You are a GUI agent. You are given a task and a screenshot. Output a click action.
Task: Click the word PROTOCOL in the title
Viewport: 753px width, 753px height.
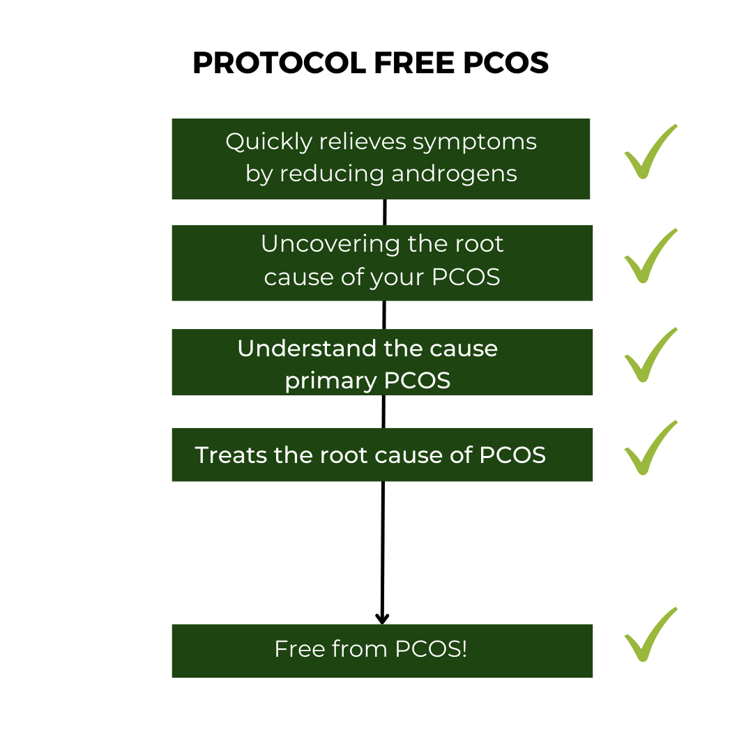coord(280,63)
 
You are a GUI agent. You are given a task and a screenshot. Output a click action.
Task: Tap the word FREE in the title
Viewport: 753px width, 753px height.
coord(414,63)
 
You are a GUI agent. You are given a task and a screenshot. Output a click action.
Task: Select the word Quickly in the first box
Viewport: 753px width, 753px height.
coord(269,143)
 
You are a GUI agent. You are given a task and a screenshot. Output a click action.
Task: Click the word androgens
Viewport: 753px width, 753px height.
coord(455,174)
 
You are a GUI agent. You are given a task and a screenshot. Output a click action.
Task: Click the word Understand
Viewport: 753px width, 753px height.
coord(307,348)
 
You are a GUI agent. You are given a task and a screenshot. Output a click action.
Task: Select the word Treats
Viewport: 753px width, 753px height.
coord(231,455)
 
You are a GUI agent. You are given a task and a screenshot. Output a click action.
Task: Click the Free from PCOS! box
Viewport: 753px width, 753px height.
coord(382,651)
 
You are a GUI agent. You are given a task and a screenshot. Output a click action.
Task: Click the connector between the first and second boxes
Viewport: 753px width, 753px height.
coord(385,212)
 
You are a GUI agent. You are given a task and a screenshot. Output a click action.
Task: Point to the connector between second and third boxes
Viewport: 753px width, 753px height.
coord(384,315)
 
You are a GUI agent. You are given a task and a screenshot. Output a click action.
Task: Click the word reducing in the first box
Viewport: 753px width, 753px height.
coord(332,174)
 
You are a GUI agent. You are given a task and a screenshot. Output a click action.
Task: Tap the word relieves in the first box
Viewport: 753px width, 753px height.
coord(363,143)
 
